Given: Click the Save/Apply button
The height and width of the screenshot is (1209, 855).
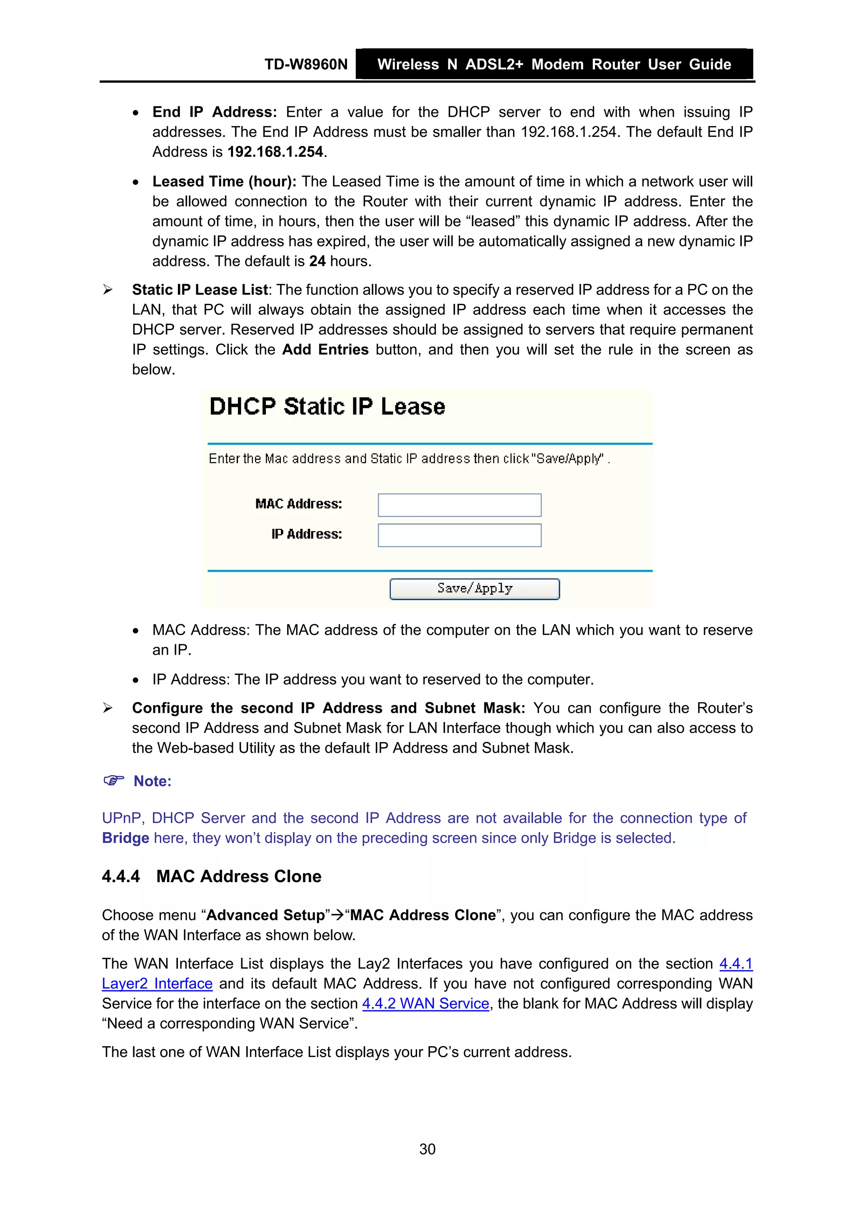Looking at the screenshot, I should point(474,589).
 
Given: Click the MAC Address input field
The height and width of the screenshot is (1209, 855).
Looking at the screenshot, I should point(459,505).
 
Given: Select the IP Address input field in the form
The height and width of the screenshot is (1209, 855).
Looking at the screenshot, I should point(459,535).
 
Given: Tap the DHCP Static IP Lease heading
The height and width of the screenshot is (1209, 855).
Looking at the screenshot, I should point(327,406).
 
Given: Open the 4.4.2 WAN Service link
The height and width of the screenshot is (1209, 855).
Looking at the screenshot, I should point(426,1004).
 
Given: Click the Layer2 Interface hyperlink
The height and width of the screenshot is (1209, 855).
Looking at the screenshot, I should point(157,984).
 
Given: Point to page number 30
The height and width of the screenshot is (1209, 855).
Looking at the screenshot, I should point(427,1149).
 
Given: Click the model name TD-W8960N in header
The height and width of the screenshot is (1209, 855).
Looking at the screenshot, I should point(306,64).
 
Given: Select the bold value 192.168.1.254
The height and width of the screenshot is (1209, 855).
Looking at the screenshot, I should point(275,152).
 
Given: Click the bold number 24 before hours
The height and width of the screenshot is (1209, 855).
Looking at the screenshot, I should point(317,261).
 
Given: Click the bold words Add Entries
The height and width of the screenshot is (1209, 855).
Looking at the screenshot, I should point(325,350).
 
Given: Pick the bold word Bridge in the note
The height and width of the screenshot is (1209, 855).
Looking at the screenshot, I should point(125,838).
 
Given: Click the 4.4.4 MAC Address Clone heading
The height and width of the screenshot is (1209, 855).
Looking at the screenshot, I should point(212,876).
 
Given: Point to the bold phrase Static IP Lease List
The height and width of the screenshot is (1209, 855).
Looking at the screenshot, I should point(200,290).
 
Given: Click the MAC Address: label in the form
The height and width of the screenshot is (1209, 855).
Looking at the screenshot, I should point(298,504).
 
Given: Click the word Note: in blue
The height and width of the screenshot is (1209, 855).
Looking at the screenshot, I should point(152,781).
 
